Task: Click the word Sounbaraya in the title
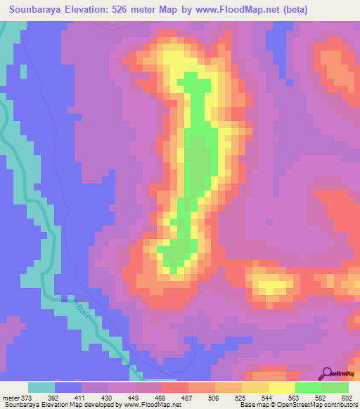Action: click(x=39, y=9)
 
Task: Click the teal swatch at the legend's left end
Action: click(x=41, y=387)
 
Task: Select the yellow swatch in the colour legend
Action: click(x=282, y=387)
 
